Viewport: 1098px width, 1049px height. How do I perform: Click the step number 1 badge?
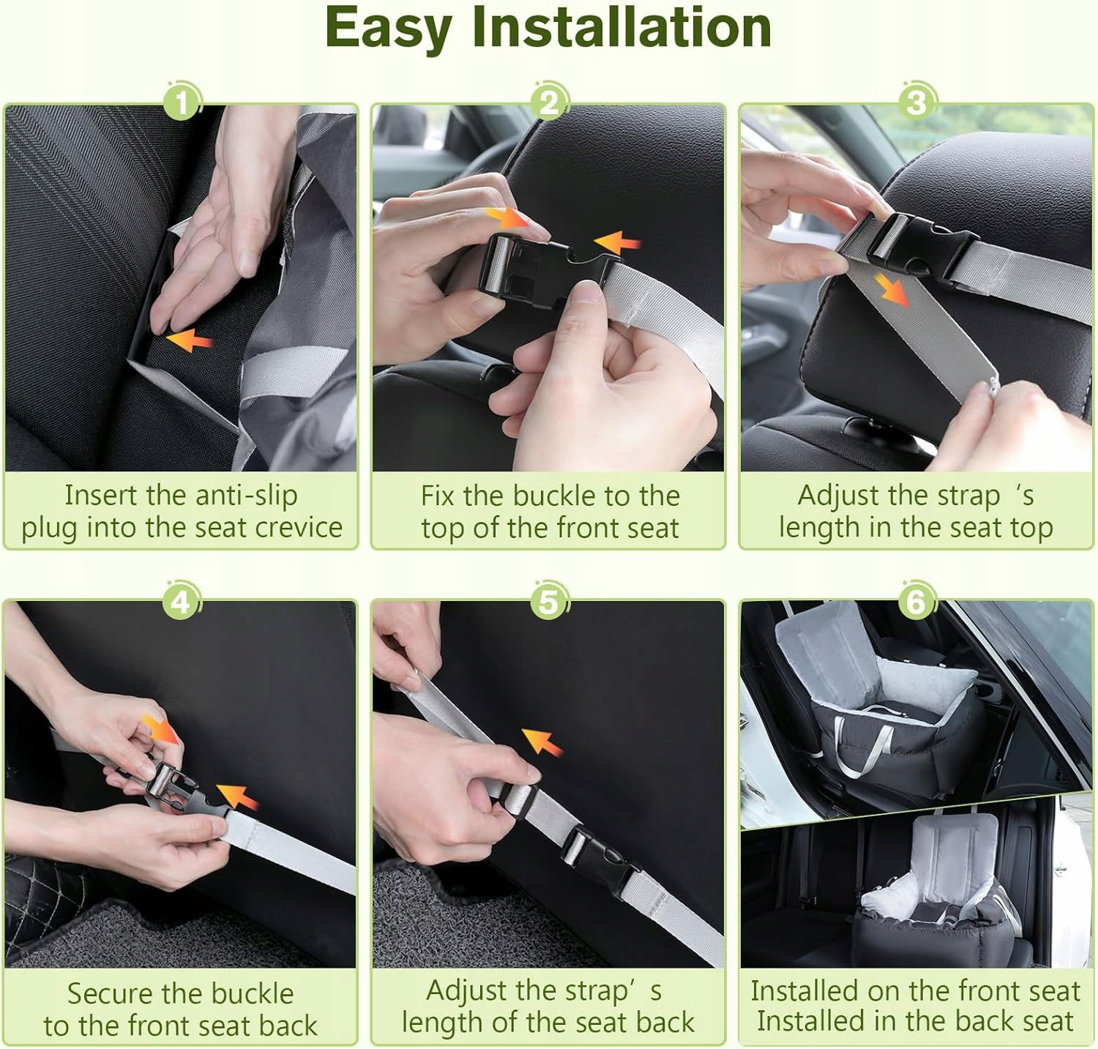click(x=182, y=101)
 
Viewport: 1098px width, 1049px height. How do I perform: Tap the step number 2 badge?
click(x=550, y=101)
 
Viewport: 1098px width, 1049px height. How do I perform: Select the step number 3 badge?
click(x=917, y=101)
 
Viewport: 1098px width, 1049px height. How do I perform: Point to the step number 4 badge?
click(x=180, y=602)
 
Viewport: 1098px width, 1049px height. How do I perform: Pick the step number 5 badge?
click(x=549, y=602)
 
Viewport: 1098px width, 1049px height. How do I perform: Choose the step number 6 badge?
click(x=916, y=602)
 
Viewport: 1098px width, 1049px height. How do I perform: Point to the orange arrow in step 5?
click(x=542, y=742)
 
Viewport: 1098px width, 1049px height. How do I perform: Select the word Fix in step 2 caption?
click(x=438, y=496)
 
